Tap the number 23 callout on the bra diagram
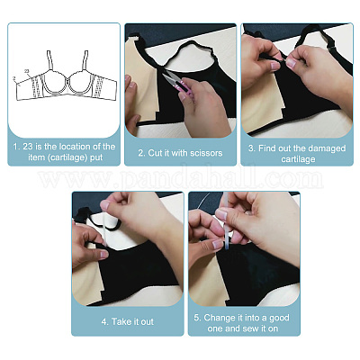(27, 71)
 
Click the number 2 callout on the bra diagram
(14, 78)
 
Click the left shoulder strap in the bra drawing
(50, 60)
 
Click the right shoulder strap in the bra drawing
(85, 60)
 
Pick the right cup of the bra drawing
(80, 83)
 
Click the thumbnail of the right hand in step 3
(291, 63)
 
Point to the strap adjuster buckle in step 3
(331, 48)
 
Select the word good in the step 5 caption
(279, 319)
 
